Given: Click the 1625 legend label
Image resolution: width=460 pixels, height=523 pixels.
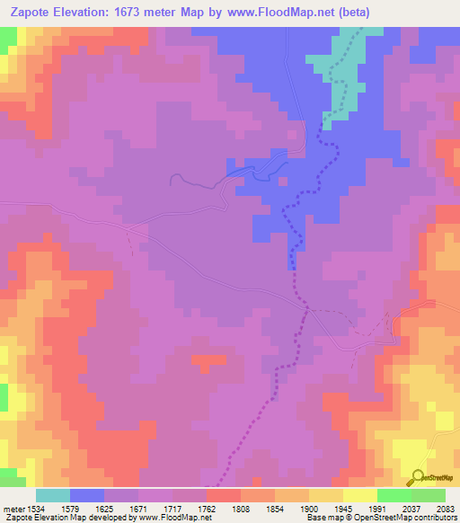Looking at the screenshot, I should [x=120, y=509].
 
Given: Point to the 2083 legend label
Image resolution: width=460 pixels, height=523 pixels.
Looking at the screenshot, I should [x=444, y=509].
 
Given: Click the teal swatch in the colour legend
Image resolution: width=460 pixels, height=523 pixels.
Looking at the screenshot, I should [x=53, y=495].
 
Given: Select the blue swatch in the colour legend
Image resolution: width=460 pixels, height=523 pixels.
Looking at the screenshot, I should [x=87, y=495].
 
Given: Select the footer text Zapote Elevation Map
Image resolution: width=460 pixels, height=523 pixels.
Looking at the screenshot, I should [x=45, y=519].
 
